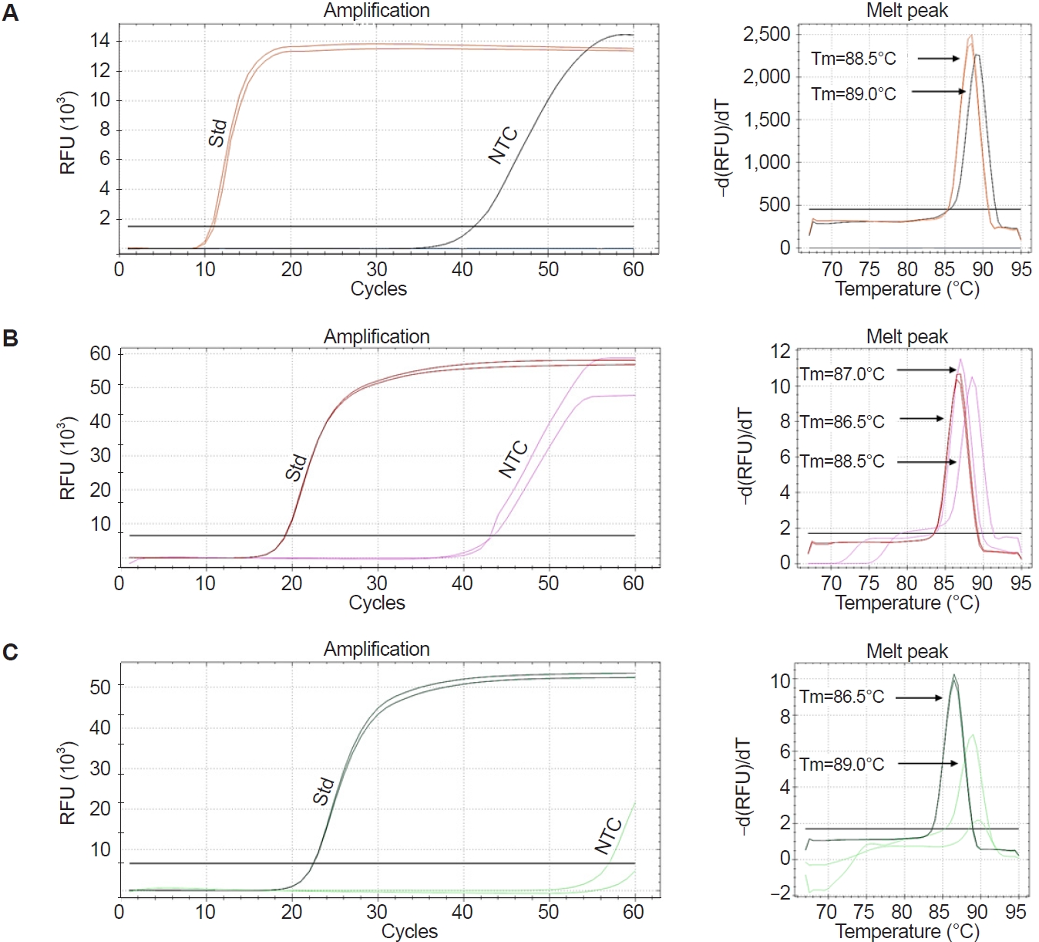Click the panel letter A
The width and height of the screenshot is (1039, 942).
coord(10,13)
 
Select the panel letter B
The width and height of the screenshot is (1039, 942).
coord(10,338)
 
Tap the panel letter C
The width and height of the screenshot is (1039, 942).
coord(10,653)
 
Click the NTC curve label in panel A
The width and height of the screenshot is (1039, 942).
coord(503,145)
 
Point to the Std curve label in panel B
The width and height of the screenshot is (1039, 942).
coord(296,468)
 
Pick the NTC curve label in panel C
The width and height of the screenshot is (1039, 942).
coord(608,835)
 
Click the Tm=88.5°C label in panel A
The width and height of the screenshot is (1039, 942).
coord(853,59)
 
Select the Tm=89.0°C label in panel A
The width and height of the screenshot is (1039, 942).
coord(853,94)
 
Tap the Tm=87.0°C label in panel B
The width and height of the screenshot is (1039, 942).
coord(842,374)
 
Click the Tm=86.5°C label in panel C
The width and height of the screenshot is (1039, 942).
coord(842,697)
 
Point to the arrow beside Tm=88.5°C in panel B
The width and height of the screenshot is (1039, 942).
coord(926,461)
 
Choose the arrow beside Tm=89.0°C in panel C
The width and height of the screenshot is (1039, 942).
coord(927,764)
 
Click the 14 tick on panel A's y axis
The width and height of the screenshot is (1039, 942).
coord(100,41)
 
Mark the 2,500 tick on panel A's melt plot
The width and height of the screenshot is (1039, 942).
coord(766,34)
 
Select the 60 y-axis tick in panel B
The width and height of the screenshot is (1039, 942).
coord(100,354)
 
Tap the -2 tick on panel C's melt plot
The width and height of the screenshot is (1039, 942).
coord(780,893)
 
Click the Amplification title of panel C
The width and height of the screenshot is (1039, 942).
coord(376,649)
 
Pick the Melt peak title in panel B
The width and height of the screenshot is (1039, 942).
coord(906,336)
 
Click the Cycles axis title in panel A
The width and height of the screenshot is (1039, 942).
coord(378,289)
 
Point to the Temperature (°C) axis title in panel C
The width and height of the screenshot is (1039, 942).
coord(906,931)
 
